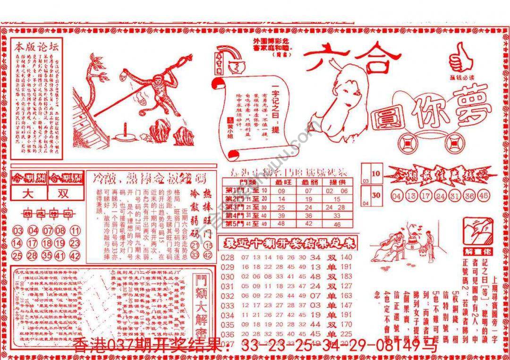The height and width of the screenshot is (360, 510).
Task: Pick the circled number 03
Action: coord(17,231)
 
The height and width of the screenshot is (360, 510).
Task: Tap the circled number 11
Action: coord(75,231)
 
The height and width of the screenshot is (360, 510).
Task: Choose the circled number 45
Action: coord(484,195)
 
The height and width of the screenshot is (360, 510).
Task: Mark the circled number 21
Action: coord(195,245)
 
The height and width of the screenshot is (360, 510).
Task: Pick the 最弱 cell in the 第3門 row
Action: coord(309,207)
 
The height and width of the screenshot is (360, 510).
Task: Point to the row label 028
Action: coord(228,257)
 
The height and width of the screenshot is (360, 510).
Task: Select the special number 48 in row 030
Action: coord(315,277)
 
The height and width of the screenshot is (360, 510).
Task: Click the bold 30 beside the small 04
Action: coord(376,195)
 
